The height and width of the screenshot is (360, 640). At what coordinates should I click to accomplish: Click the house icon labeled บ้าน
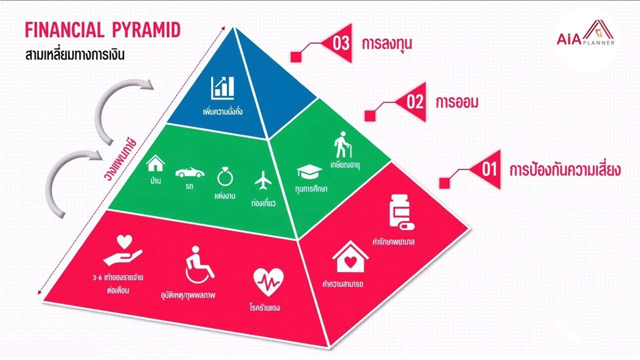(155, 162)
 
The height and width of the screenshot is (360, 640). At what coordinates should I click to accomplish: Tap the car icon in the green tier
(189, 172)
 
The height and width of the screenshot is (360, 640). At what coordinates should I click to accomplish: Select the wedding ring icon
(222, 177)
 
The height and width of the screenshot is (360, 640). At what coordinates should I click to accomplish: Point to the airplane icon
(262, 180)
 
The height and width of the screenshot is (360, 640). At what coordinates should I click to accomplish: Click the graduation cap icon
(306, 172)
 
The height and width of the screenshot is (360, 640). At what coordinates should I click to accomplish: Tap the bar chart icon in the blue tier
(222, 87)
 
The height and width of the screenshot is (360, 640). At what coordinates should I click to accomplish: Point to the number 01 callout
(488, 169)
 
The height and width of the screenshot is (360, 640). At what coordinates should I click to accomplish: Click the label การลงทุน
(387, 44)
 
